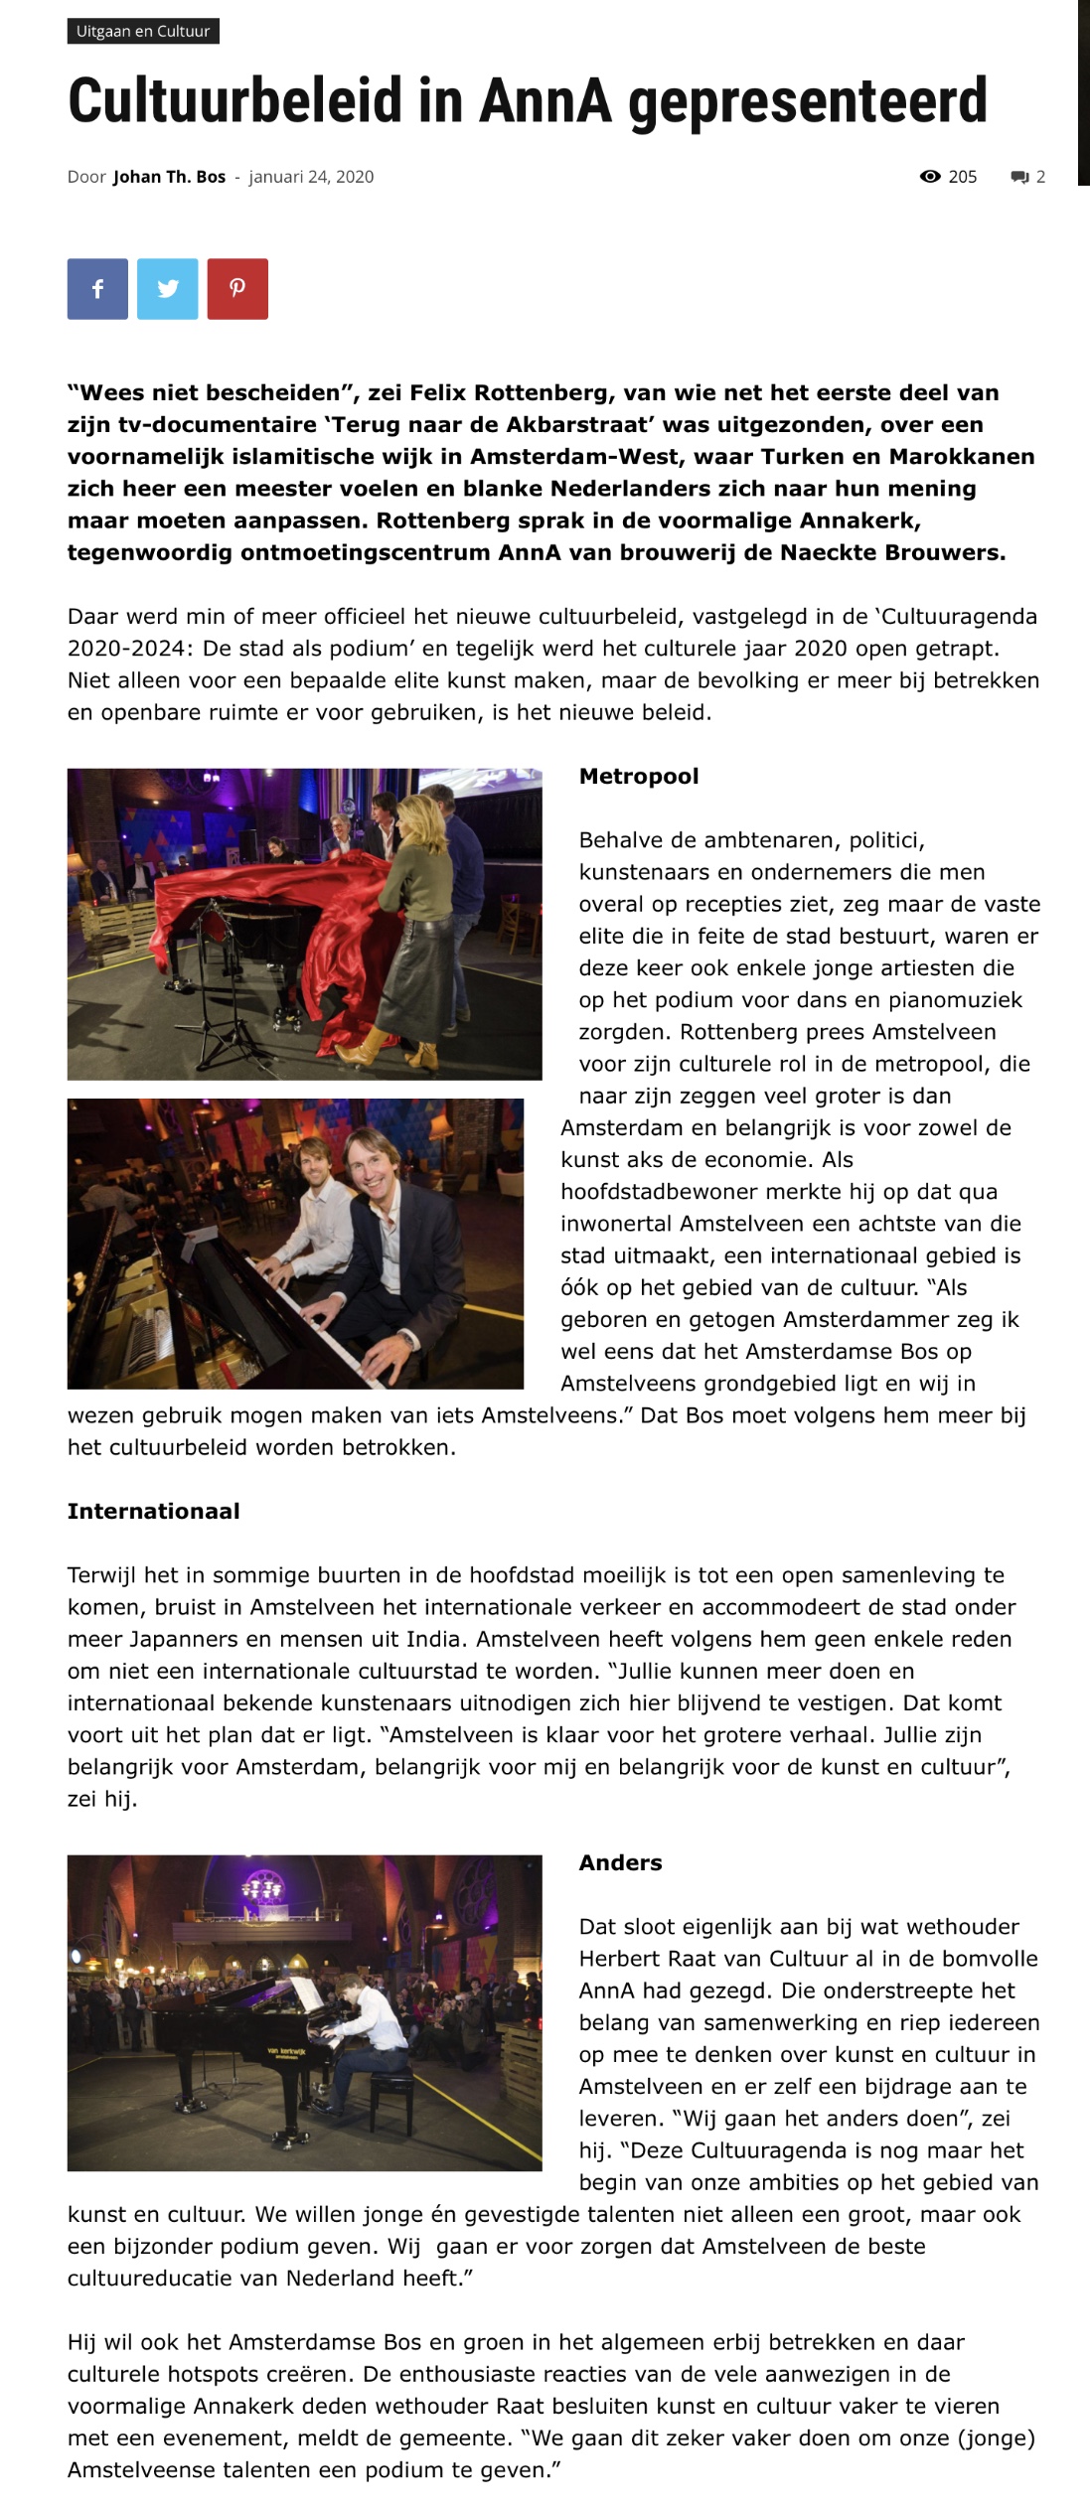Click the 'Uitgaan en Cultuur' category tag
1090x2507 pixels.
[143, 31]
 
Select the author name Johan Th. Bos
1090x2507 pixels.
[169, 177]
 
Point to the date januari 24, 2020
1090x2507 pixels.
[311, 177]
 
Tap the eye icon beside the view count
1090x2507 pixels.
[930, 177]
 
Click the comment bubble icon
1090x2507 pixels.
[1019, 178]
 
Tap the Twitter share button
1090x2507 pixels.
[168, 289]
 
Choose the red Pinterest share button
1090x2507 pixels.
[237, 289]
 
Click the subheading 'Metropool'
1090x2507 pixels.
[639, 776]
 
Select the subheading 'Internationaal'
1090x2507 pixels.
[154, 1511]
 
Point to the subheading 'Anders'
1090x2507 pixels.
[620, 1862]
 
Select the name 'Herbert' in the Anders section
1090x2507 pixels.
[619, 1958]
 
